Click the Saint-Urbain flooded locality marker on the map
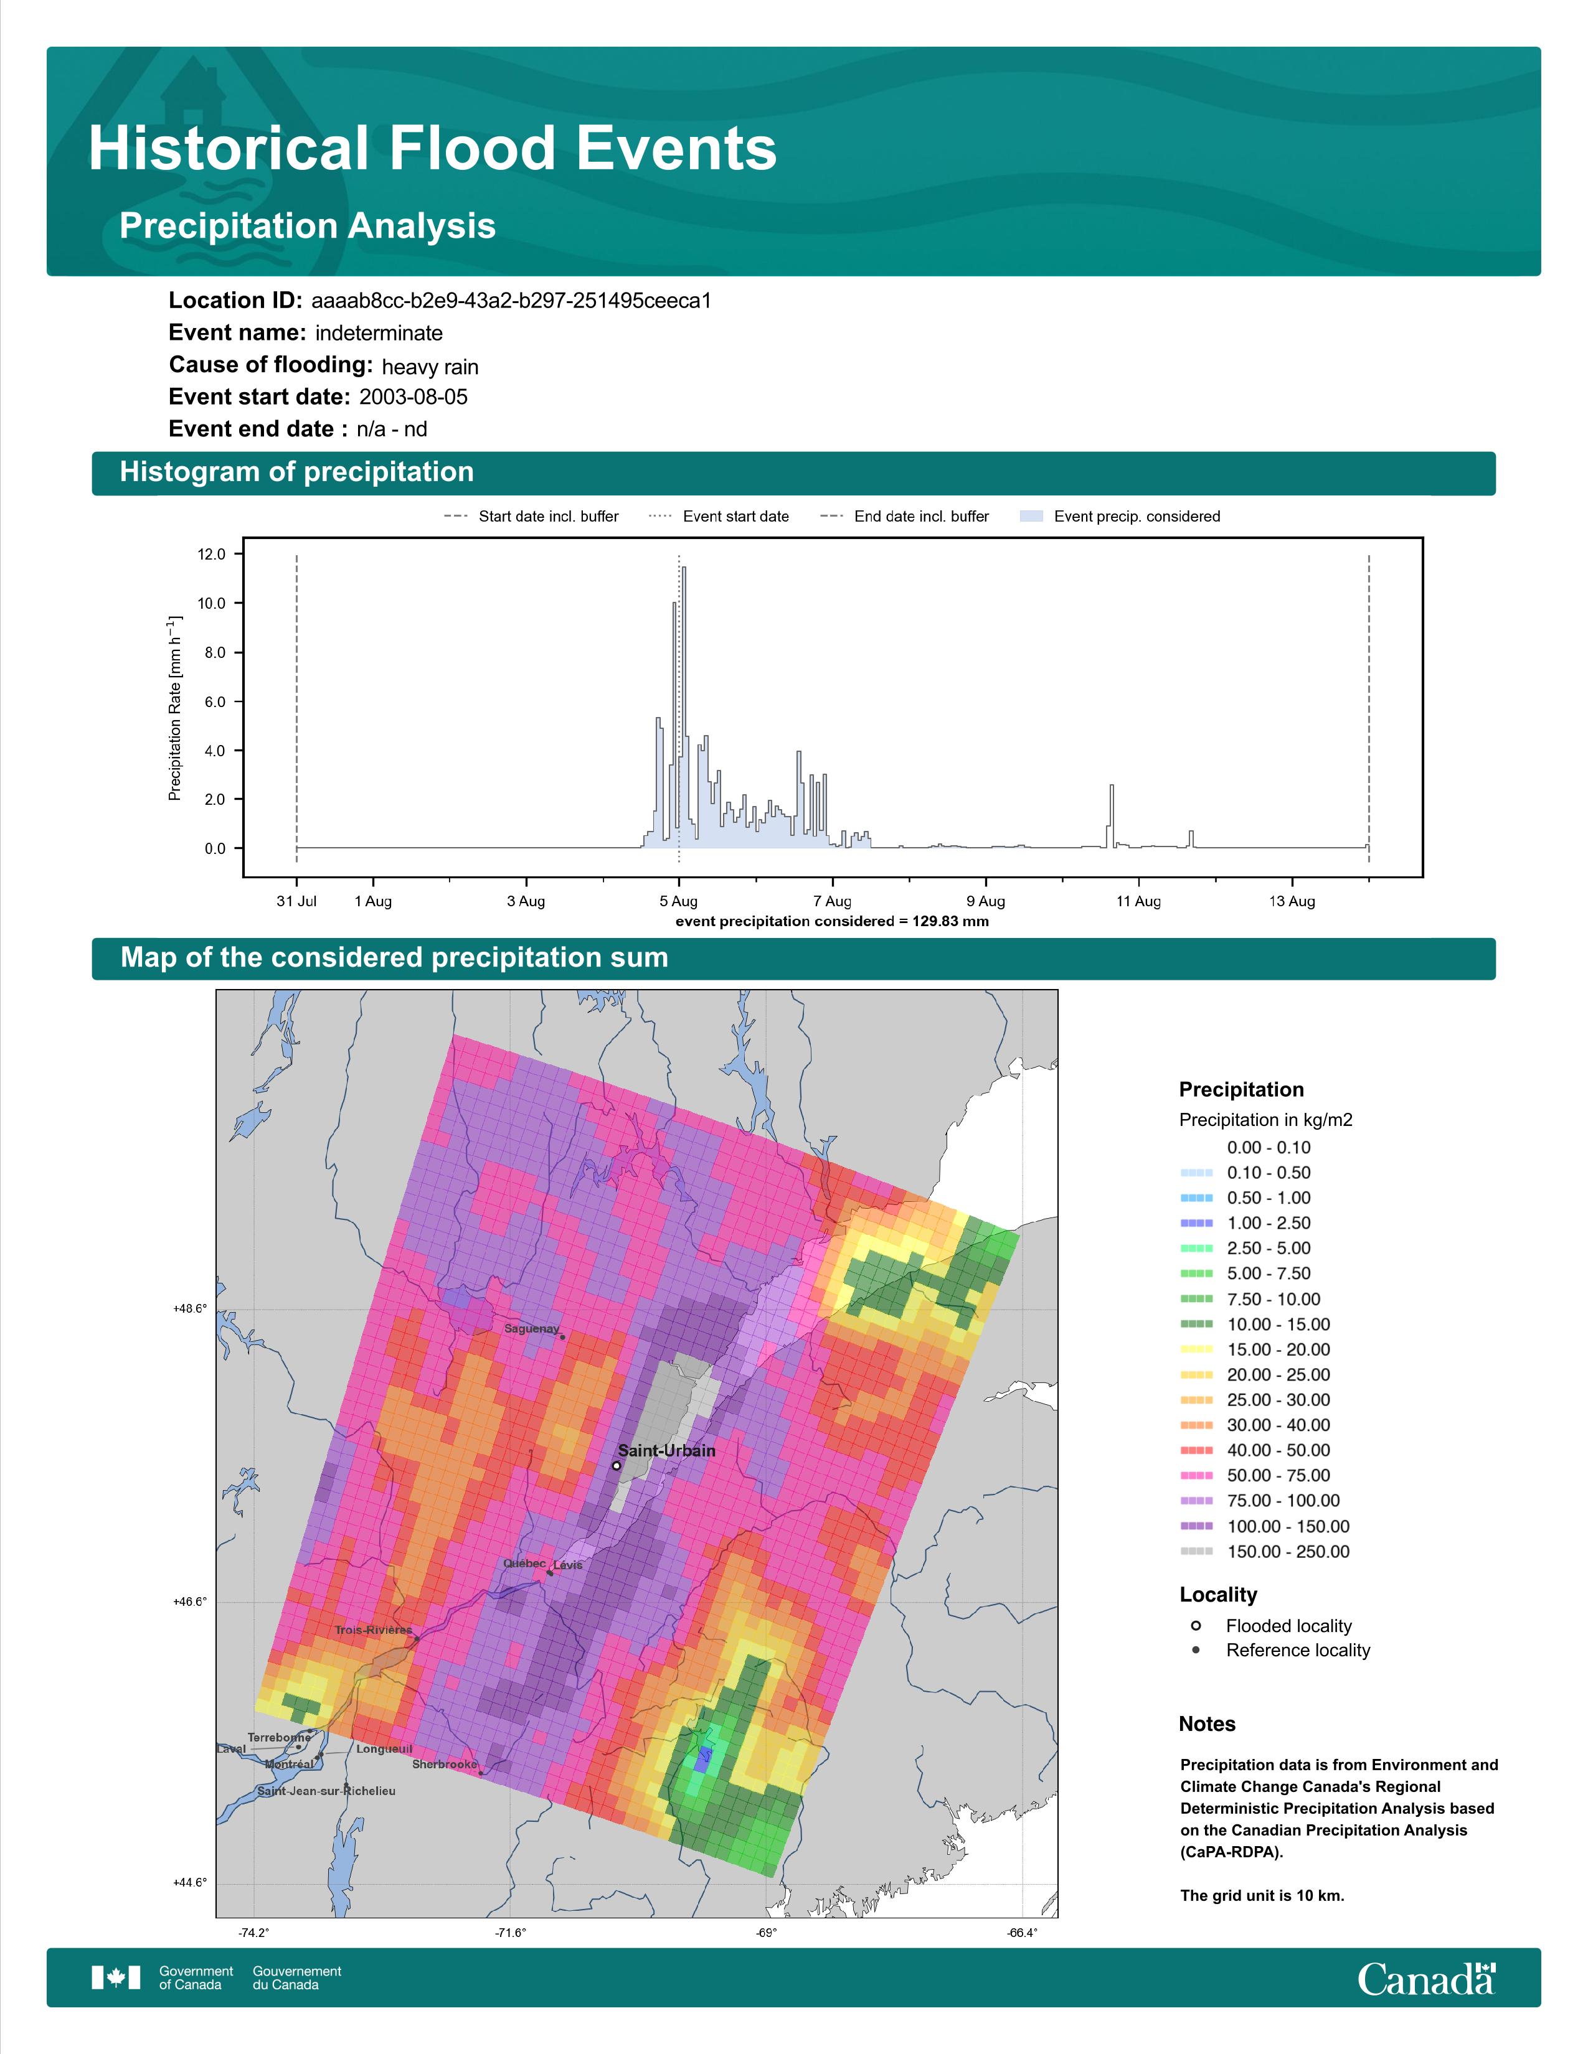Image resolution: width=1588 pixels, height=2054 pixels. point(616,1465)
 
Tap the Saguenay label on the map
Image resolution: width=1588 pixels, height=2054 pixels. point(532,1329)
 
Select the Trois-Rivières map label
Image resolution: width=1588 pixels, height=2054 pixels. point(374,1630)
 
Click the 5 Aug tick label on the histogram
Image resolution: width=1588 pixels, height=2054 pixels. point(678,901)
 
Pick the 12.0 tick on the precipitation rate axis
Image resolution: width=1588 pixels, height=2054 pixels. point(212,554)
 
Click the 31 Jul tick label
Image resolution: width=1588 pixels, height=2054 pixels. point(296,901)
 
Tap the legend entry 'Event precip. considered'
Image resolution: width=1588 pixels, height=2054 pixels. point(1120,517)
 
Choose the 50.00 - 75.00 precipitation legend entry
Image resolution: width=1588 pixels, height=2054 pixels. point(1257,1476)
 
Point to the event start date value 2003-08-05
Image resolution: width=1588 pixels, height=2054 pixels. point(413,397)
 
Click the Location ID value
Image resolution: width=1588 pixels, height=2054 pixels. point(511,301)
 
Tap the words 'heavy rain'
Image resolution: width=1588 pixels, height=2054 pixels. point(430,367)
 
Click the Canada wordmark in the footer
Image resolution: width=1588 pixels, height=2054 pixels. point(1426,1978)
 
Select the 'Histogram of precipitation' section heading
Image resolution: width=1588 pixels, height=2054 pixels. point(296,472)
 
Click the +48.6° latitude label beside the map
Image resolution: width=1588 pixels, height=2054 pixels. point(190,1309)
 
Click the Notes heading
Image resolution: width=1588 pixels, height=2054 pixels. point(1207,1724)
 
